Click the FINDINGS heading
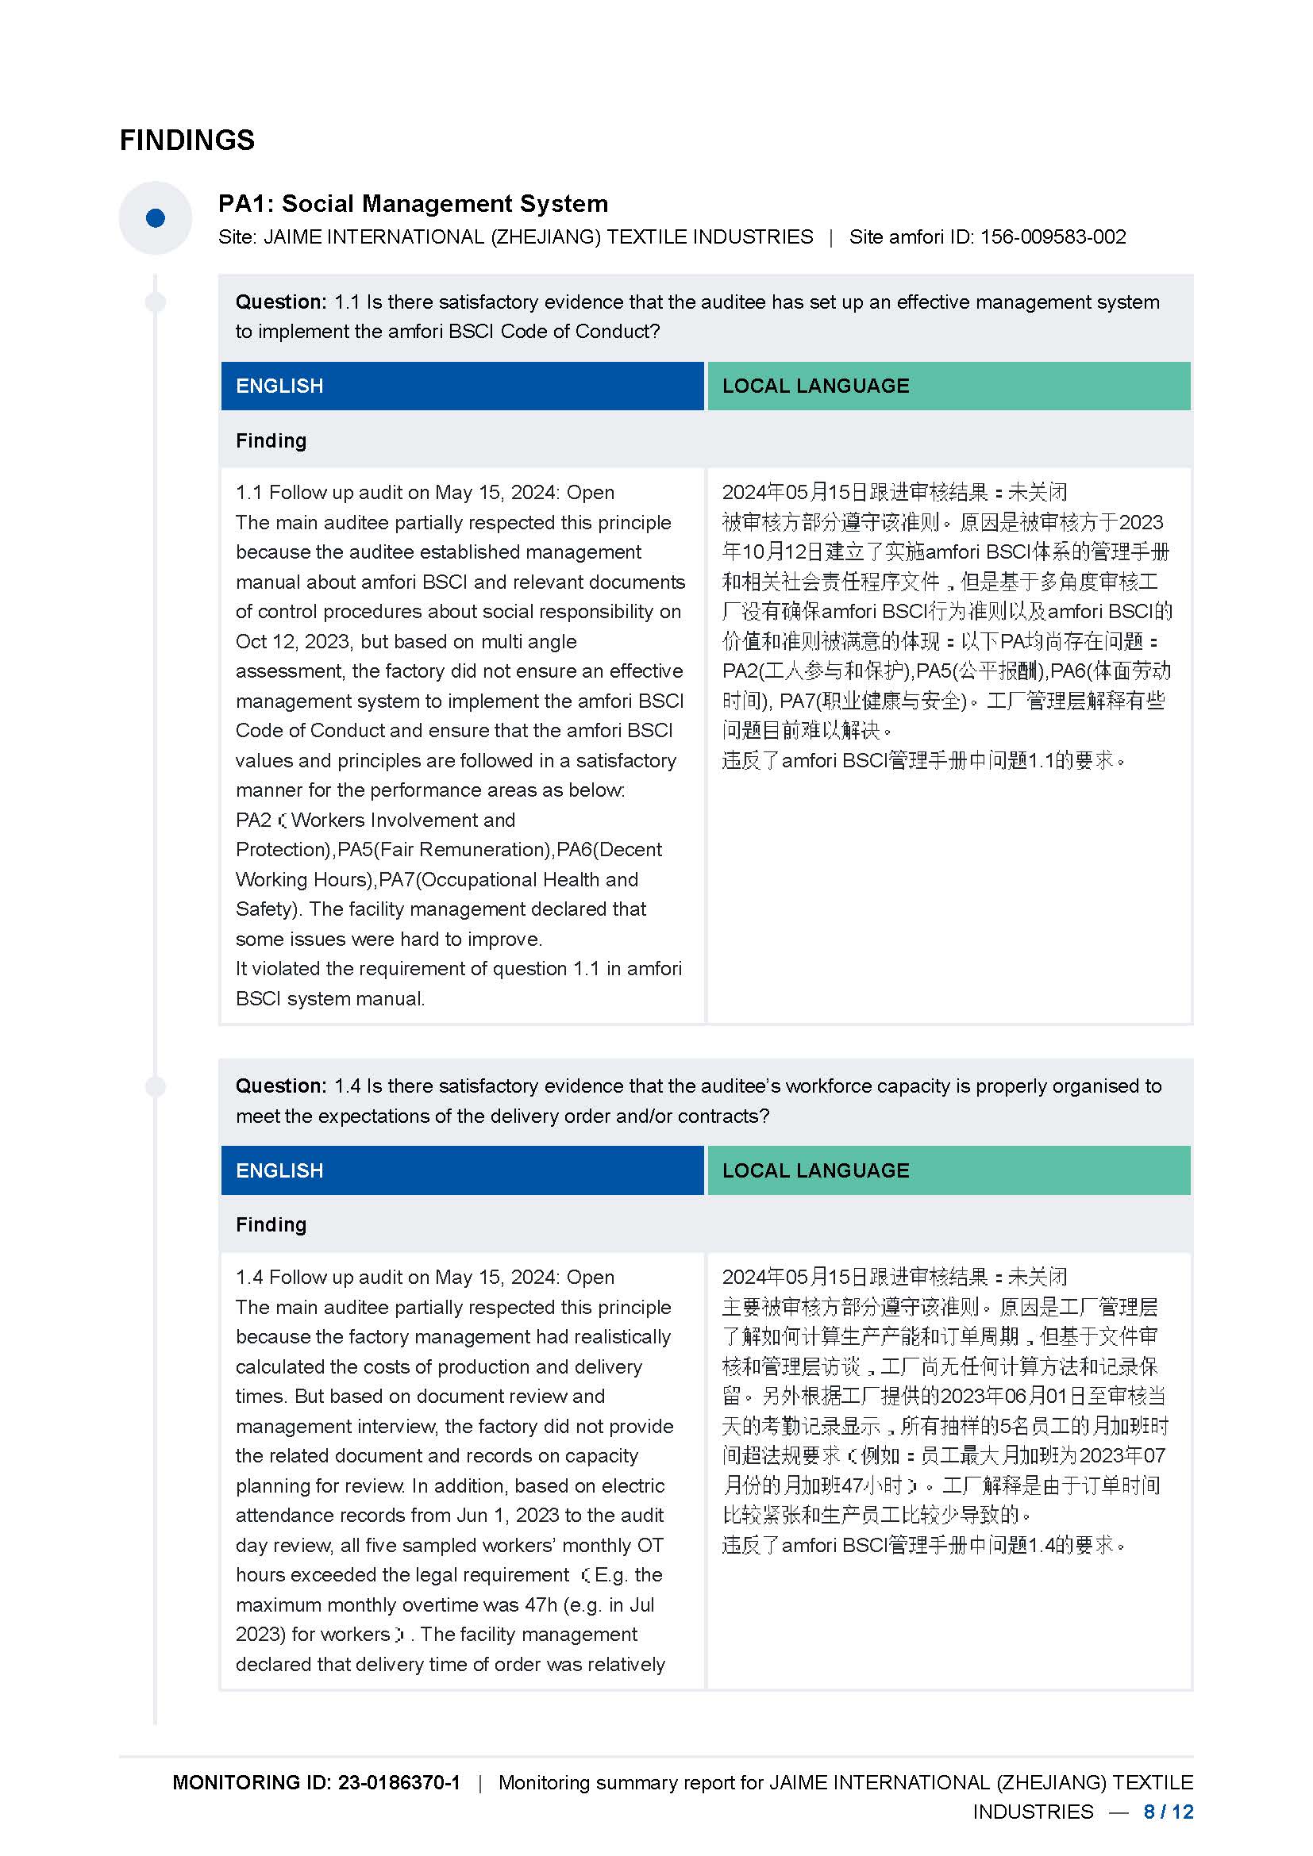[187, 140]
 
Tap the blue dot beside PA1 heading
[156, 217]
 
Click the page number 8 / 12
[1169, 1812]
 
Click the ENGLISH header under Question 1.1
[279, 386]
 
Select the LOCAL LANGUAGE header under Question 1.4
[815, 1170]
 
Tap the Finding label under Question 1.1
[271, 440]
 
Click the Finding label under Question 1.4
[271, 1224]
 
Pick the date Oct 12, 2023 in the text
[292, 641]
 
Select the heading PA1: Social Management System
[413, 203]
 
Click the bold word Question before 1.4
[279, 1086]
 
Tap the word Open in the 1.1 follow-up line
[590, 492]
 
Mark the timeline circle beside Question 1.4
[156, 1086]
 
